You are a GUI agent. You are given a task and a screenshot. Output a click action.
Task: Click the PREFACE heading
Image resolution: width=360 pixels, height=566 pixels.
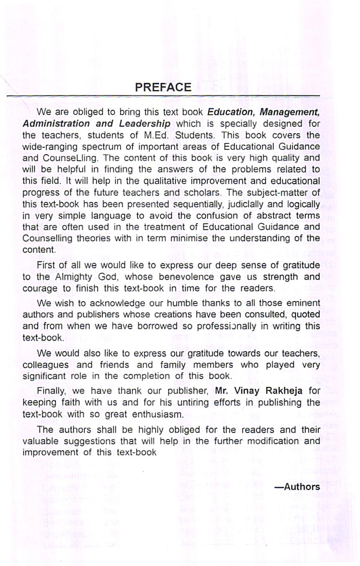pyautogui.click(x=163, y=87)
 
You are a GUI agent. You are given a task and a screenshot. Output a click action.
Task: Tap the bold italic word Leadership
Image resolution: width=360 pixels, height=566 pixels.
pyautogui.click(x=145, y=124)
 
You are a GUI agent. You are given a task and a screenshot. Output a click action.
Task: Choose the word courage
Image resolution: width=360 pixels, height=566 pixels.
pyautogui.click(x=38, y=288)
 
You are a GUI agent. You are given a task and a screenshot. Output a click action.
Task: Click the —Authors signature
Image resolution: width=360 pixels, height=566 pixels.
pyautogui.click(x=297, y=487)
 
